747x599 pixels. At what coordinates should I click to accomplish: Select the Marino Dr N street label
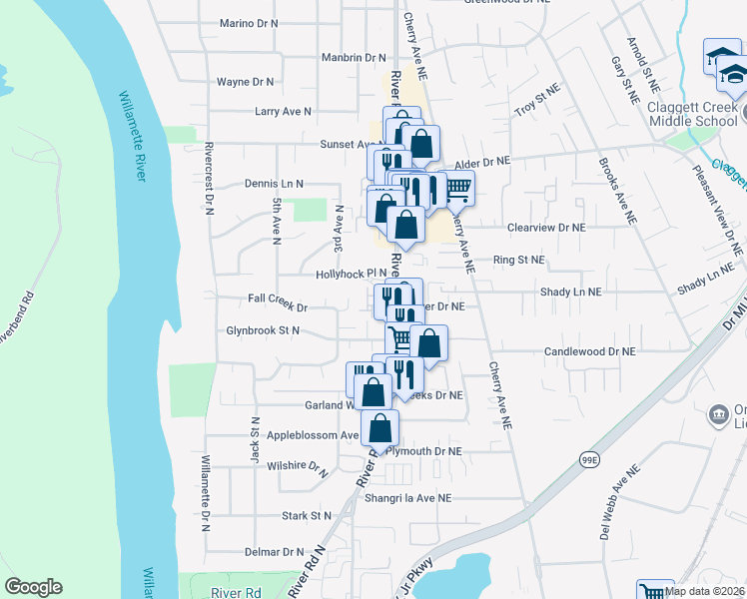tap(249, 22)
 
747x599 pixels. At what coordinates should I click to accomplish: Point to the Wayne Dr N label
tap(246, 82)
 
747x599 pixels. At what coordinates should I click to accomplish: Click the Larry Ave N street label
tap(284, 112)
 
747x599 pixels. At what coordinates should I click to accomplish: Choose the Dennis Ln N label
tap(274, 184)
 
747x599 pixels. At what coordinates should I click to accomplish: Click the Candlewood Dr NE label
tap(589, 351)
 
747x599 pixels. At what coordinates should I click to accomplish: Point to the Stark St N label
tap(306, 516)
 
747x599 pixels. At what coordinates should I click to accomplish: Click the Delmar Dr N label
tap(274, 551)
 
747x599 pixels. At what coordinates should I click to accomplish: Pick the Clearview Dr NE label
tap(544, 228)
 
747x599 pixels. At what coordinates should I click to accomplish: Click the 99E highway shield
tap(590, 458)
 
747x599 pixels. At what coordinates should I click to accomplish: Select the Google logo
tap(33, 587)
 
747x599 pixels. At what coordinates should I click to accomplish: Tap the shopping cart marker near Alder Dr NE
tap(457, 187)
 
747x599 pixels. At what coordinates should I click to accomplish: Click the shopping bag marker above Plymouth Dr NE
tap(380, 428)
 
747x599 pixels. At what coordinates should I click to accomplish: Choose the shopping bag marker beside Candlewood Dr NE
tap(429, 343)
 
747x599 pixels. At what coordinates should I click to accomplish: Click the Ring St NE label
tap(519, 260)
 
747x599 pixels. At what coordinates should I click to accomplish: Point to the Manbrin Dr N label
tap(354, 58)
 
